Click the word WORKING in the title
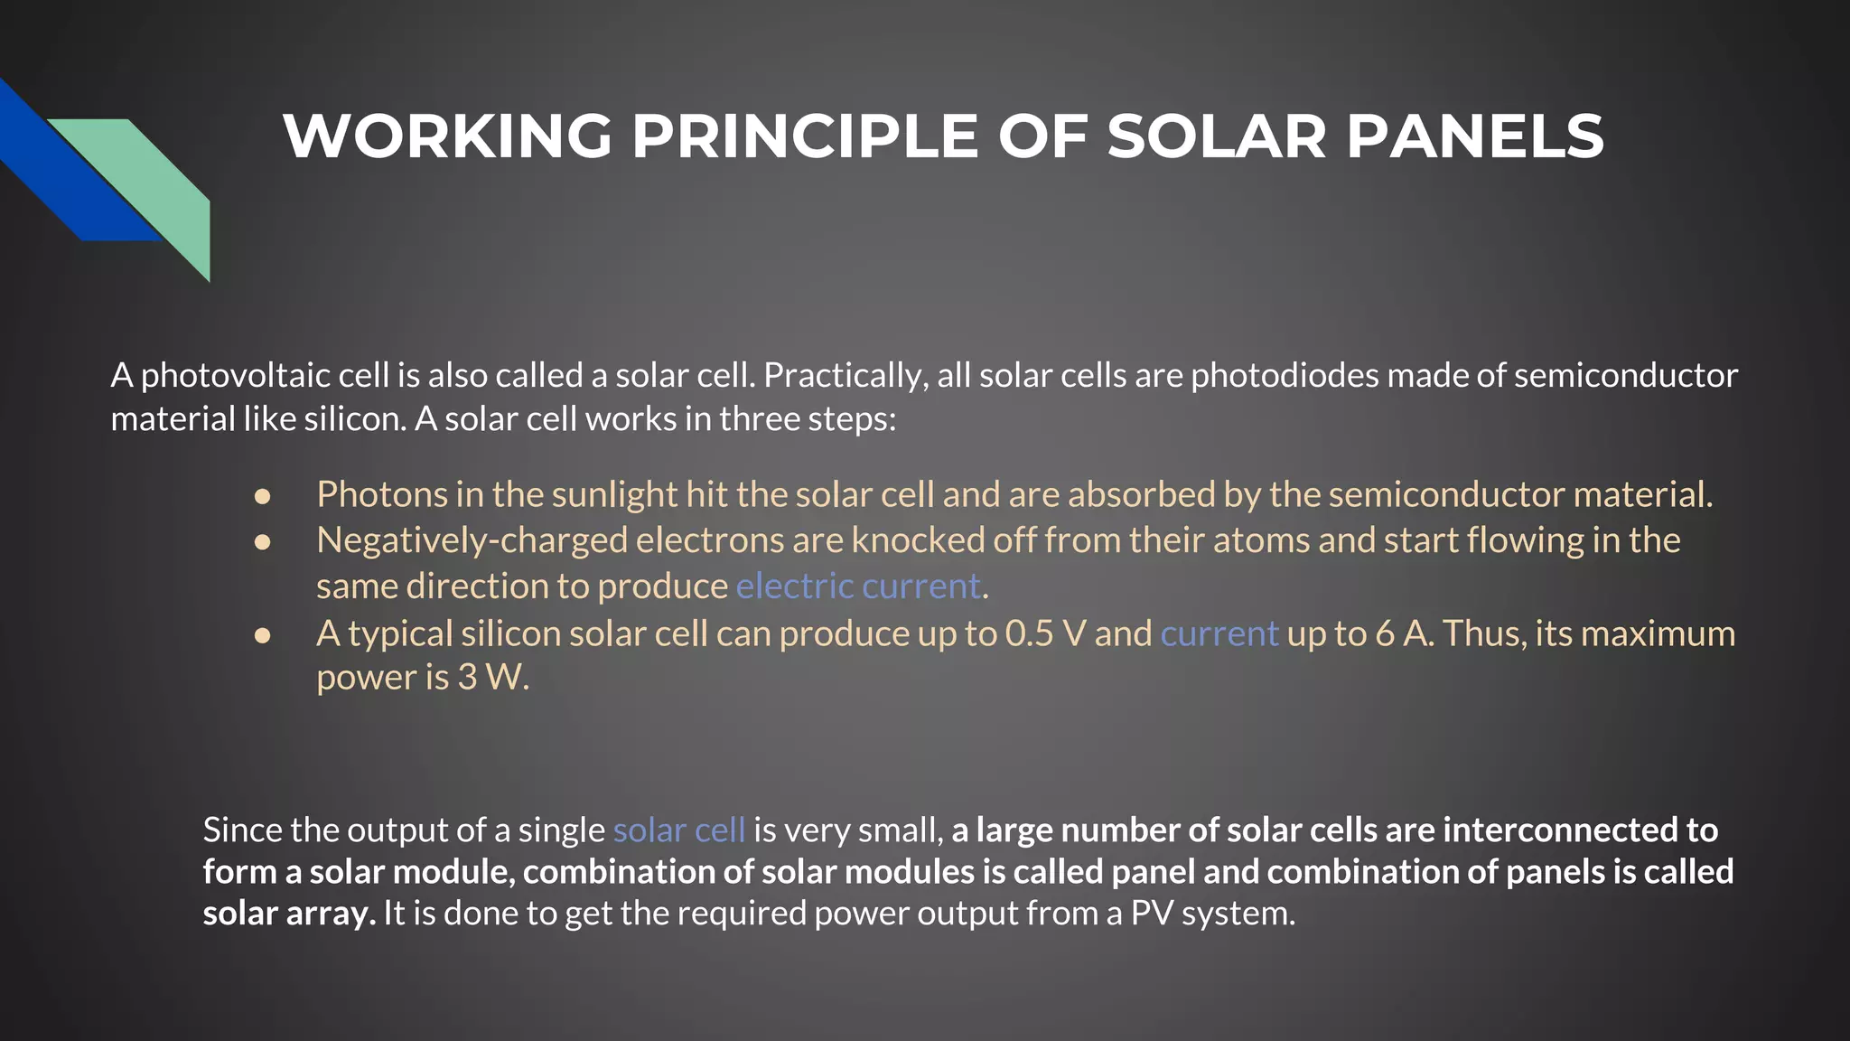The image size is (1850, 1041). [448, 136]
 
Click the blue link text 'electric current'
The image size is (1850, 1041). [858, 586]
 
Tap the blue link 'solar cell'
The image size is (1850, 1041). [679, 830]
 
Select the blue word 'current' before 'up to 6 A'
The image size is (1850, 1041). [1219, 633]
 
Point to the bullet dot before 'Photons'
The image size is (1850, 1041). [263, 496]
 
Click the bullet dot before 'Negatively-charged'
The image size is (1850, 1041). [263, 542]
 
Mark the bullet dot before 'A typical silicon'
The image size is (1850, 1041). [263, 635]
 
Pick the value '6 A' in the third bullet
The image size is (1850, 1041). [1400, 633]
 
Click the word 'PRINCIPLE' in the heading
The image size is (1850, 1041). [805, 136]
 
